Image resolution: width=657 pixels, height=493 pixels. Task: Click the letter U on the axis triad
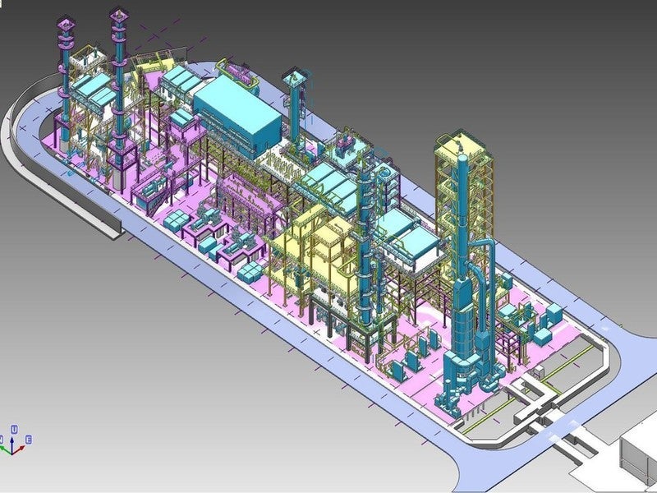[x=14, y=429]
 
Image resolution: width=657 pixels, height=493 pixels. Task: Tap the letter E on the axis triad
[x=29, y=440]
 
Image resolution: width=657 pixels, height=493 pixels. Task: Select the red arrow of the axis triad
[x=19, y=450]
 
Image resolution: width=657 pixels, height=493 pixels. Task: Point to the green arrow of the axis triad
[x=5, y=449]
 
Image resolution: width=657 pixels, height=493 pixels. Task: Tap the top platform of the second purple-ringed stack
[x=119, y=16]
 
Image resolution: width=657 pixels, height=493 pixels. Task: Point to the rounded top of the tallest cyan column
[x=462, y=159]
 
